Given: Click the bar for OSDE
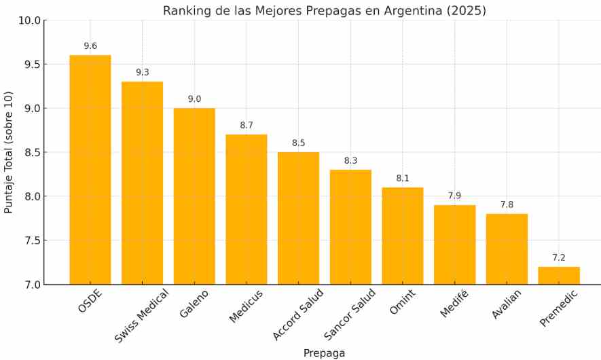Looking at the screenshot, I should point(90,170).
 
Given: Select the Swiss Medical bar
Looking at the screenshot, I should point(142,183).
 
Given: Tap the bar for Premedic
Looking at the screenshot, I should point(559,275).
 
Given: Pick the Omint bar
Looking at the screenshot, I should point(403,236).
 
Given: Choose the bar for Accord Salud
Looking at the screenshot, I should point(298,218).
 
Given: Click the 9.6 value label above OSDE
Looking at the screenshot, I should point(90,46).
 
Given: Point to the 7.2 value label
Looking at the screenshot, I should point(559,258).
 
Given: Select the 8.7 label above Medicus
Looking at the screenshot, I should point(247,126).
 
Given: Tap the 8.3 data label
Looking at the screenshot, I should point(350,161).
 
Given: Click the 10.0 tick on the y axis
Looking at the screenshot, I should point(29,20).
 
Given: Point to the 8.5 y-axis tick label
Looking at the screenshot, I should point(31,152).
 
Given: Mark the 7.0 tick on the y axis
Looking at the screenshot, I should point(31,285).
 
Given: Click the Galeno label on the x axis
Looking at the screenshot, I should point(194,303).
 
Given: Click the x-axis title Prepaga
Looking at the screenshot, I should point(324,353).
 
